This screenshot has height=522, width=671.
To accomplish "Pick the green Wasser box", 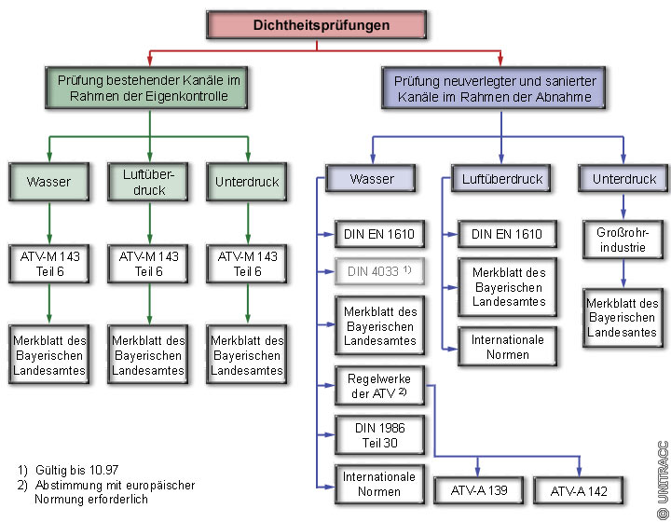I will click(49, 182).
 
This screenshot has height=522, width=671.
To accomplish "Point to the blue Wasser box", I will click(371, 178).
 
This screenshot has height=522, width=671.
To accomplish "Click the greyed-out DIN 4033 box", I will click(377, 271).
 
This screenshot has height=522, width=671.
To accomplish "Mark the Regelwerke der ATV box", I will click(377, 385).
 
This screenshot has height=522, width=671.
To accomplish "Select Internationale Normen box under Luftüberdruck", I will click(508, 347).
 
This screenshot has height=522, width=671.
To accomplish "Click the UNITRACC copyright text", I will click(662, 479).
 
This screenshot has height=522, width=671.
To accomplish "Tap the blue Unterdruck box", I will click(624, 178).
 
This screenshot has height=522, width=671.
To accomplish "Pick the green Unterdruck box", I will click(247, 182).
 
